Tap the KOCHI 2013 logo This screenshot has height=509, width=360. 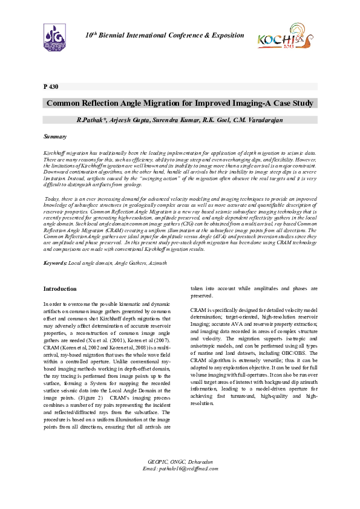284,37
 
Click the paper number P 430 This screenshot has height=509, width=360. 51,86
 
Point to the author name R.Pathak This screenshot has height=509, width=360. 91,120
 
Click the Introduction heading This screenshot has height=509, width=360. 61,289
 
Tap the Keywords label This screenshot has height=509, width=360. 56,264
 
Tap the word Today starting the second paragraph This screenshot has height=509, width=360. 54,199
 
